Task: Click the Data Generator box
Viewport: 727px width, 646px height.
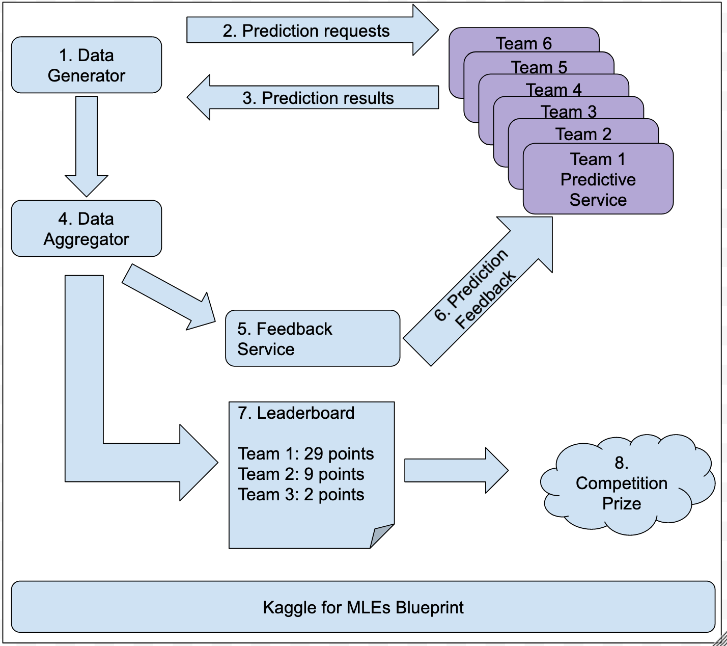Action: [87, 65]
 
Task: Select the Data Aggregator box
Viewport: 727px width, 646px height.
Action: [87, 228]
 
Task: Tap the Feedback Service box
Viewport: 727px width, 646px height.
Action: [313, 338]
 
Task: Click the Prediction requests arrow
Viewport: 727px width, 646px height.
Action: [312, 30]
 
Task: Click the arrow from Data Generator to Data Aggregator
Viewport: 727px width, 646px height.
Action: [87, 146]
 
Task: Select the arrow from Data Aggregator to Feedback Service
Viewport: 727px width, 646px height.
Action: [169, 298]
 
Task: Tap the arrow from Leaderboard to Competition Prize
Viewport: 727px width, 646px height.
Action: [457, 470]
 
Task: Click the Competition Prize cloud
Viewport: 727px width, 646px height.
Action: [627, 483]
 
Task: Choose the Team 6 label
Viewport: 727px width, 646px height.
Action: [523, 43]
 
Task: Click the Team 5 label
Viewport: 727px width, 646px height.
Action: [539, 67]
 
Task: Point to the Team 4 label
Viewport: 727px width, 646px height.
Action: [554, 90]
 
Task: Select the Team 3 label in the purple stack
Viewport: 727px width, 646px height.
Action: [569, 112]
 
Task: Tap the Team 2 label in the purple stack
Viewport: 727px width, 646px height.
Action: [583, 134]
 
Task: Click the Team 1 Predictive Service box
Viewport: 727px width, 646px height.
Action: [598, 179]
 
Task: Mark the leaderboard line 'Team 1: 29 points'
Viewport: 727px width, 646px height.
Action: [306, 454]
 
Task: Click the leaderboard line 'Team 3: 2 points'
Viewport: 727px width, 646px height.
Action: [301, 495]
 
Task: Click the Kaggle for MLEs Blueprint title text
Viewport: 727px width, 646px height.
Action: [363, 608]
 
